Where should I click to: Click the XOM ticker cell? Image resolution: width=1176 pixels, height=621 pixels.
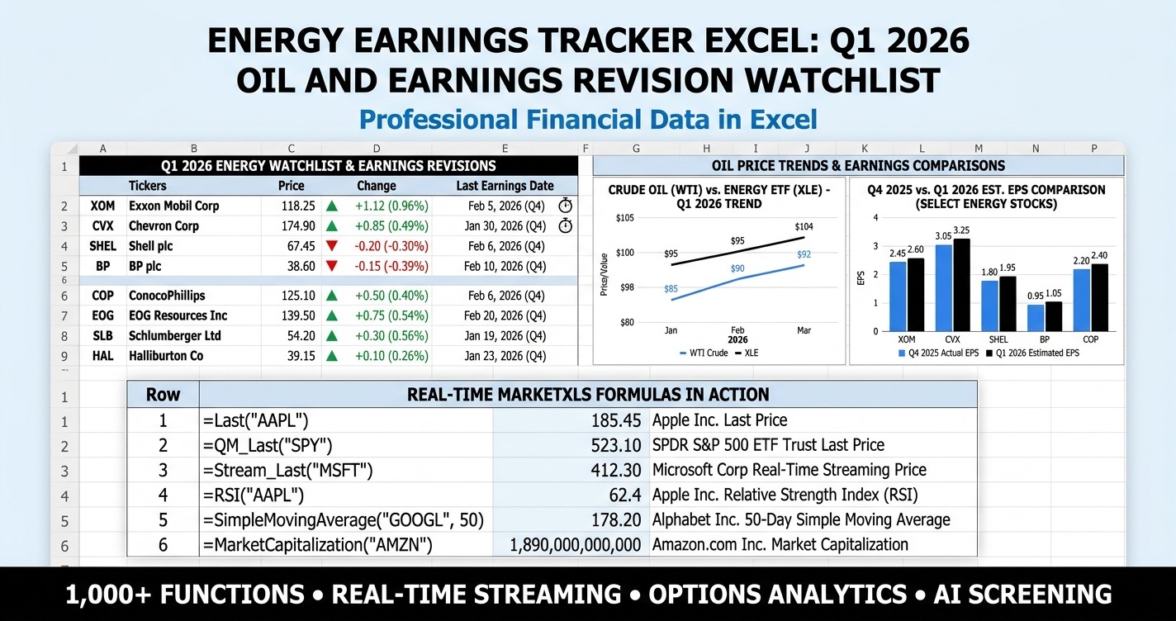pyautogui.click(x=103, y=206)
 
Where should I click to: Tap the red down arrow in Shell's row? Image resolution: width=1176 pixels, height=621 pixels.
pyautogui.click(x=332, y=246)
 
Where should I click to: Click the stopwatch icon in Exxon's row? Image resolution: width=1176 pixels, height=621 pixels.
pyautogui.click(x=566, y=206)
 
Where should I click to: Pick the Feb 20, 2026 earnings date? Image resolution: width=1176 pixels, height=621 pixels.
pyautogui.click(x=505, y=315)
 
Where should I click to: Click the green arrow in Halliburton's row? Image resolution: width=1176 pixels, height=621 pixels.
pyautogui.click(x=332, y=356)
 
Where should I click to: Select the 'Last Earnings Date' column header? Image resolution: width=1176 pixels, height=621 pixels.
pyautogui.click(x=505, y=186)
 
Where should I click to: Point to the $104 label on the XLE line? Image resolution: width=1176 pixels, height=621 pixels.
pyautogui.click(x=804, y=226)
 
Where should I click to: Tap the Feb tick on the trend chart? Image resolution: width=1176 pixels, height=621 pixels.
pyautogui.click(x=737, y=329)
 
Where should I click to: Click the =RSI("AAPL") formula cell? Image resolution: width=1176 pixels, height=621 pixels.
pyautogui.click(x=254, y=495)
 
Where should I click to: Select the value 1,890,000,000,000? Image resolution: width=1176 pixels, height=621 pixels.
pyautogui.click(x=576, y=545)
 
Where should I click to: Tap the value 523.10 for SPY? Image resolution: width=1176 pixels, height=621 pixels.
pyautogui.click(x=616, y=445)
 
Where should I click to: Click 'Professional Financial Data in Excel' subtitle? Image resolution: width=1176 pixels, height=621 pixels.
pyautogui.click(x=588, y=119)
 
